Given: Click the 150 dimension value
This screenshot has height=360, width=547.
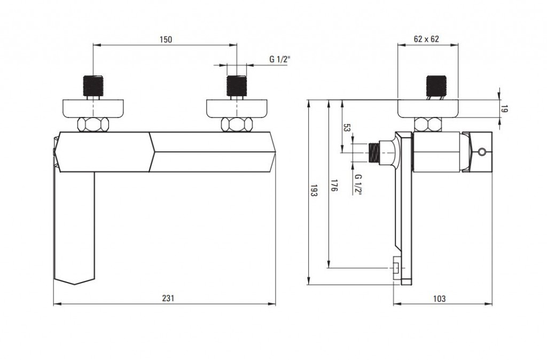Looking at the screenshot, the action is point(166,40).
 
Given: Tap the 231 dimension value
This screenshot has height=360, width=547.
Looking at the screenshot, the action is point(168,298).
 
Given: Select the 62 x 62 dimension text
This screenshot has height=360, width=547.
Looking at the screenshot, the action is point(426,39).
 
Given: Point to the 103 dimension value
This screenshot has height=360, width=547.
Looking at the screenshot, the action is point(439,299).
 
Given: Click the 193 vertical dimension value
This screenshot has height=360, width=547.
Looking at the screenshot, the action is point(313,191).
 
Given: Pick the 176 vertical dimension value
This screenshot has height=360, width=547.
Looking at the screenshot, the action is point(334,185).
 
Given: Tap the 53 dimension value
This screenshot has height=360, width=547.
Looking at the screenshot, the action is point(346,128).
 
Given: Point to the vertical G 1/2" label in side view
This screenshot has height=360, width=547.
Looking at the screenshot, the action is point(358,184).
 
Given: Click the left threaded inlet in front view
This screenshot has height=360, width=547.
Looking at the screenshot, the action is point(93,85).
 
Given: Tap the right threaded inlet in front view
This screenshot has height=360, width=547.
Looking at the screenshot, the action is point(237,85).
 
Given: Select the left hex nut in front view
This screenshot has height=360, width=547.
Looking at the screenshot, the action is point(93,124).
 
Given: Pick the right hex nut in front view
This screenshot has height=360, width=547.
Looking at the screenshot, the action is point(237,124).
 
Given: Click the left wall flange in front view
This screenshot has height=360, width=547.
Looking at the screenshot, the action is point(93,108).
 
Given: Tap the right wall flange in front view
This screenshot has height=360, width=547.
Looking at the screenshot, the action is point(237,108).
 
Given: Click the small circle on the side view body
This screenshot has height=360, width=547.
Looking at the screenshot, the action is point(482,152).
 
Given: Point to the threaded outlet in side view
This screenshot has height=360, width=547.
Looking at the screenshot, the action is point(374,152).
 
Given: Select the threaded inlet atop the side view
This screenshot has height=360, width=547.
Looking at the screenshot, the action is point(436,85).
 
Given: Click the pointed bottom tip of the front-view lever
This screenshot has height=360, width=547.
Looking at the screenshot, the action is point(75,284).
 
